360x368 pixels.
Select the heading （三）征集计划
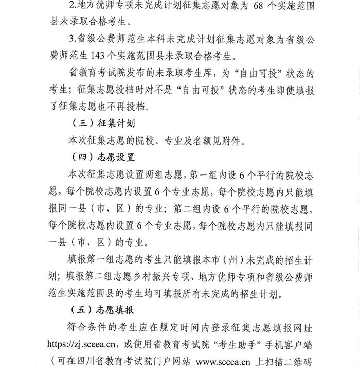[102, 123]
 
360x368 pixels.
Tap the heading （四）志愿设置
[102, 157]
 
